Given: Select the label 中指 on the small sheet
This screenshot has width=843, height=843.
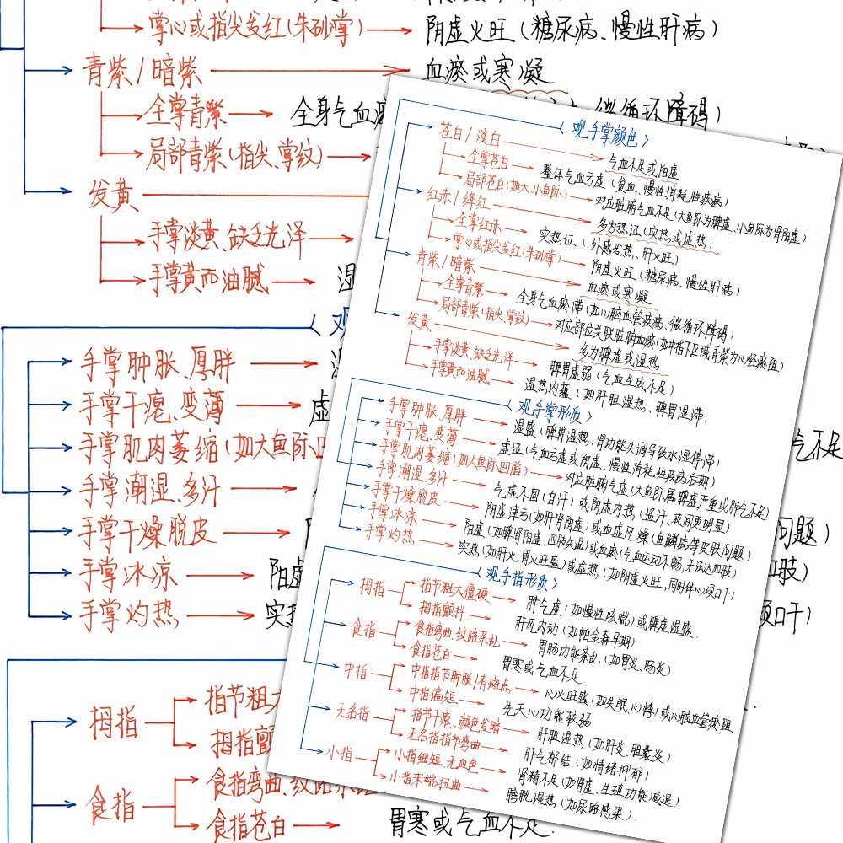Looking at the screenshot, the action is click(355, 669).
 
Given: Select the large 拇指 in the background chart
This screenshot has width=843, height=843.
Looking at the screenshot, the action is click(113, 722).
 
